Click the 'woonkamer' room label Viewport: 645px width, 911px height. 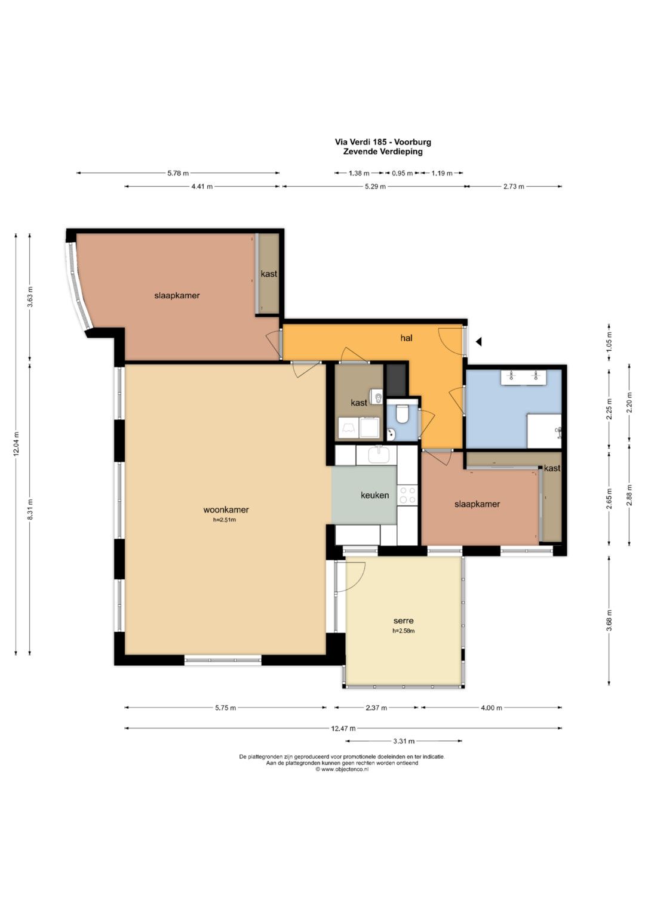(x=226, y=509)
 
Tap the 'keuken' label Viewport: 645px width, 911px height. (x=374, y=495)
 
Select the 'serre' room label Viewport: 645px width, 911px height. (x=404, y=620)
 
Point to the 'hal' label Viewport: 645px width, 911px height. (x=406, y=338)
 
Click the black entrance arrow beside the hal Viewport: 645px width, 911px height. (x=479, y=342)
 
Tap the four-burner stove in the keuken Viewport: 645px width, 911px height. (x=407, y=495)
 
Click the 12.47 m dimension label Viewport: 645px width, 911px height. (x=343, y=728)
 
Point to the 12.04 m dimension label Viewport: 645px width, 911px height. (x=16, y=444)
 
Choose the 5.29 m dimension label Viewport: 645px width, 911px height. (x=374, y=186)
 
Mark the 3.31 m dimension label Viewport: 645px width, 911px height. (x=404, y=741)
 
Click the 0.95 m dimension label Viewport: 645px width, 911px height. (x=403, y=173)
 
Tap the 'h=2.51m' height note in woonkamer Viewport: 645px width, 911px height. (x=225, y=520)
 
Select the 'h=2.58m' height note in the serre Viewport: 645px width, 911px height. (x=404, y=631)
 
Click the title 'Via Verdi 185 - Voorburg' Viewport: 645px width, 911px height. (x=383, y=142)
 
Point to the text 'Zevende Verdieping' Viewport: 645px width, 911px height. (x=383, y=152)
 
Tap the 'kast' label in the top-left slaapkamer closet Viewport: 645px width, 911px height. (x=269, y=274)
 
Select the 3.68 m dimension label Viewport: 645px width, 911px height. (x=609, y=620)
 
